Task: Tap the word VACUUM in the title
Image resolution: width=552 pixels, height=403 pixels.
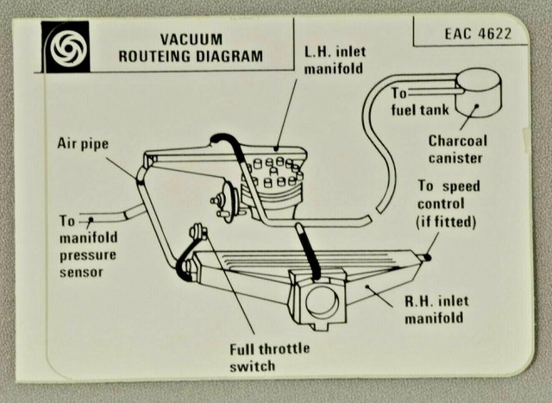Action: click(191, 40)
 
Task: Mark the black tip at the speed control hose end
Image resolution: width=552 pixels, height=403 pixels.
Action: click(427, 256)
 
